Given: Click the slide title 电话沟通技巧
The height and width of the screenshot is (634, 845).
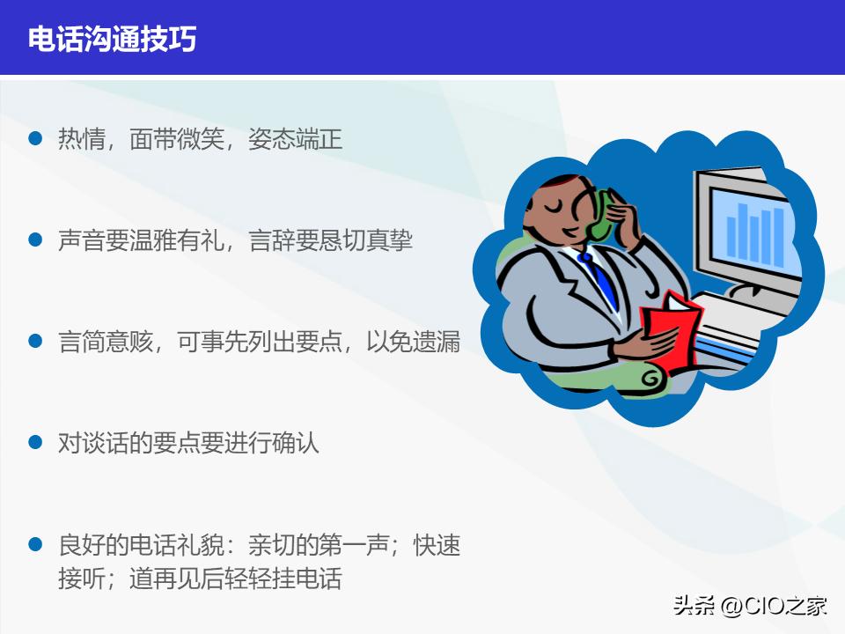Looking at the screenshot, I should point(112,39).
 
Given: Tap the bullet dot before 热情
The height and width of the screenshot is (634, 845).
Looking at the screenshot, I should point(35,138).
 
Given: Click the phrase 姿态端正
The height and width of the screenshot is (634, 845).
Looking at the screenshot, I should point(295,139).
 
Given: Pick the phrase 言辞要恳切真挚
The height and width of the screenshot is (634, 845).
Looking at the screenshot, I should point(331,240).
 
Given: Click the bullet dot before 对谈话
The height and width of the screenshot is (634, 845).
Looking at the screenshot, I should point(35,442).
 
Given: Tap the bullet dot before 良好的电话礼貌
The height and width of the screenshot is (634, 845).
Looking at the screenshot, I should point(35,544).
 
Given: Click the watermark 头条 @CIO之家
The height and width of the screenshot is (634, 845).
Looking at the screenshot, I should point(750,606).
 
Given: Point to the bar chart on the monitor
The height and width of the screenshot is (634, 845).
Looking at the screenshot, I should point(754,229).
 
